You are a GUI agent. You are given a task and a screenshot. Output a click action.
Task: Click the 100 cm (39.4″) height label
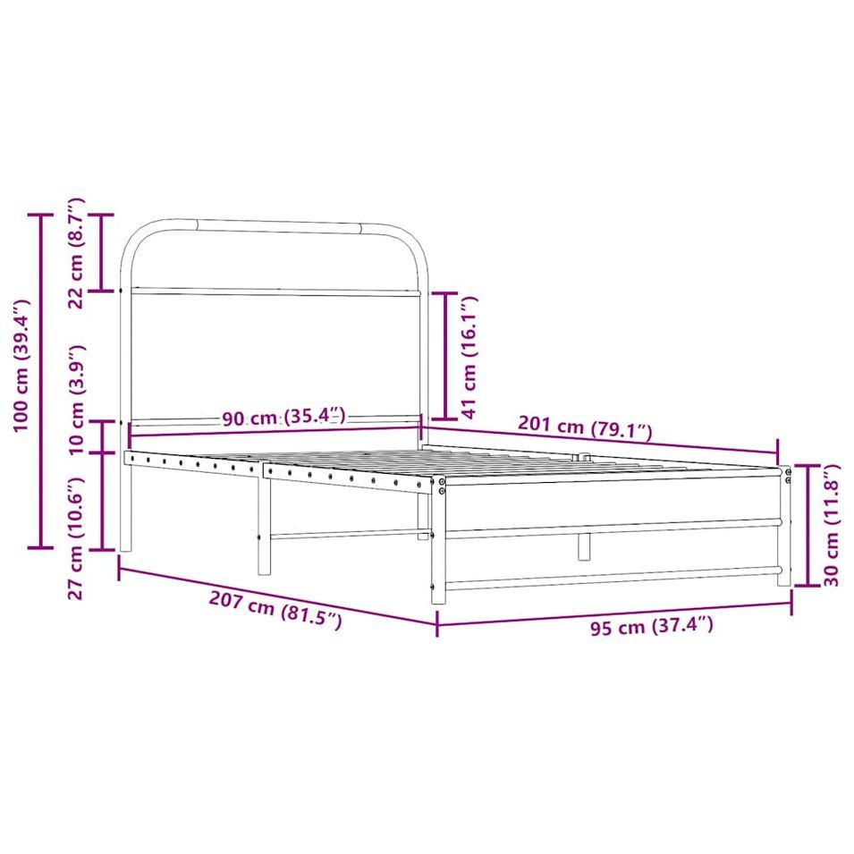(21, 365)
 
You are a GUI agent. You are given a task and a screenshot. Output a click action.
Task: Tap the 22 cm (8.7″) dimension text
(76, 253)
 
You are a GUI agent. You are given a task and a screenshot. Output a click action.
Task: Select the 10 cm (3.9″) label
(77, 399)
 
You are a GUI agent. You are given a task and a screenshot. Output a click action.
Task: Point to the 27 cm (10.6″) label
(76, 538)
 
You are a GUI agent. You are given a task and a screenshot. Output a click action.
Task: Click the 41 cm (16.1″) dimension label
(469, 358)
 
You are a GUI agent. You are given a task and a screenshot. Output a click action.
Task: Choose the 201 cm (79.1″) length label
(585, 427)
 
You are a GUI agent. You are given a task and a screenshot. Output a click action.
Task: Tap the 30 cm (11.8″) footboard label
(831, 525)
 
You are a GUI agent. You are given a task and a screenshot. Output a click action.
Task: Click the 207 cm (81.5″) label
(275, 611)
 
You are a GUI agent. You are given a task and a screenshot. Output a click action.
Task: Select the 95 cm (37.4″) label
(652, 626)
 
